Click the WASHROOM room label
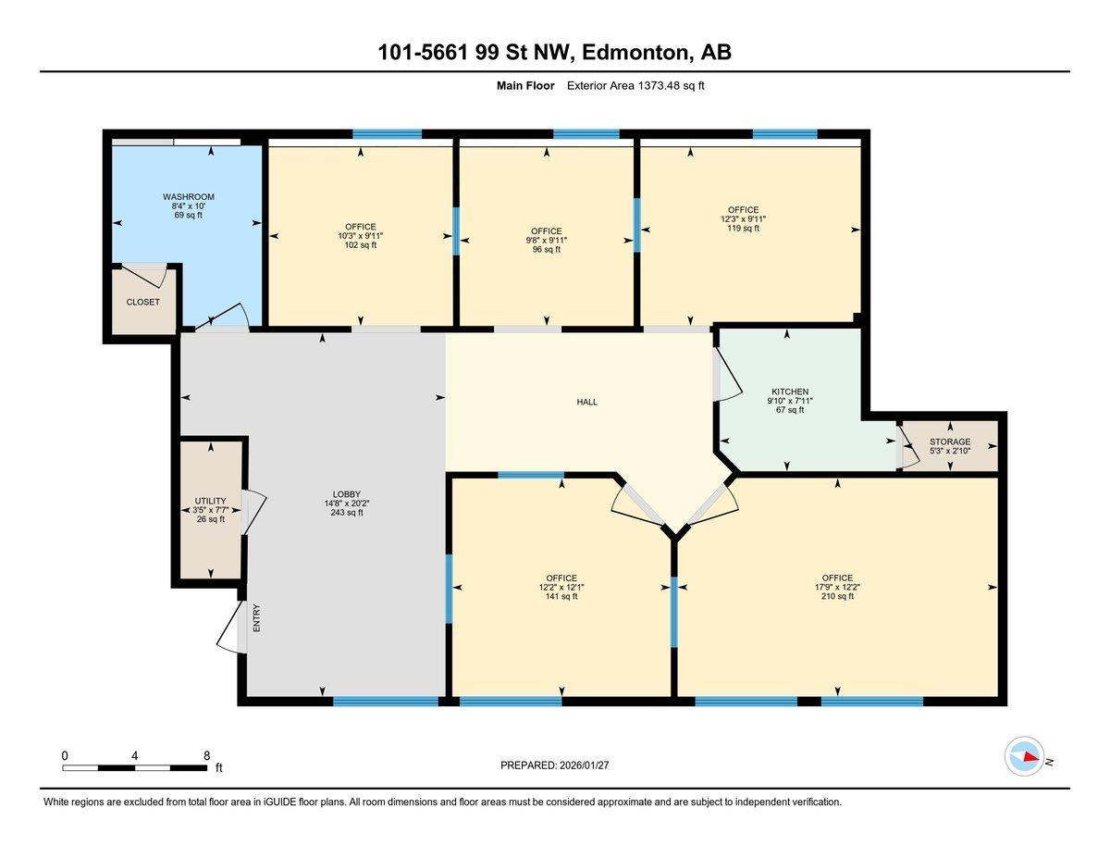click(x=189, y=197)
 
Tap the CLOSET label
click(x=143, y=302)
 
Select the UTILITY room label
click(x=211, y=501)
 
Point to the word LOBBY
click(x=347, y=494)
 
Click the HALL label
click(x=587, y=403)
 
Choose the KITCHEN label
click(x=790, y=392)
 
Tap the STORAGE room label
click(x=950, y=441)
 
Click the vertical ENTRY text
click(x=256, y=618)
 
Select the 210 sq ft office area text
click(x=837, y=596)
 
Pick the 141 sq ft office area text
click(x=561, y=596)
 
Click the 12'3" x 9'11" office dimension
click(x=743, y=219)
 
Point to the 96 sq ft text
click(x=546, y=249)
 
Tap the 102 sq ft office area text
click(x=361, y=244)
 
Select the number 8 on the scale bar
click(x=206, y=756)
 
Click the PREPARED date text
click(x=554, y=765)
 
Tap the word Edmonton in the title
click(x=635, y=53)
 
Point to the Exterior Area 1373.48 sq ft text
click(x=635, y=86)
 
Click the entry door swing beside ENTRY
click(x=232, y=627)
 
